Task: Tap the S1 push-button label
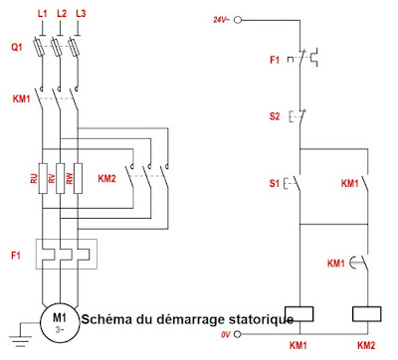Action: [275, 184]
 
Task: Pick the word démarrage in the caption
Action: [185, 319]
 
